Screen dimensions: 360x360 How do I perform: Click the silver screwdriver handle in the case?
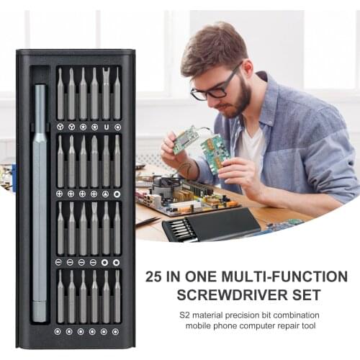point(40,202)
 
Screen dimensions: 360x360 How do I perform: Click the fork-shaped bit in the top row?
point(106,94)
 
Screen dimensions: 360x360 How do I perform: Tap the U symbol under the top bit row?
point(106,127)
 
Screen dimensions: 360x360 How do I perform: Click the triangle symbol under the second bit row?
point(106,194)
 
